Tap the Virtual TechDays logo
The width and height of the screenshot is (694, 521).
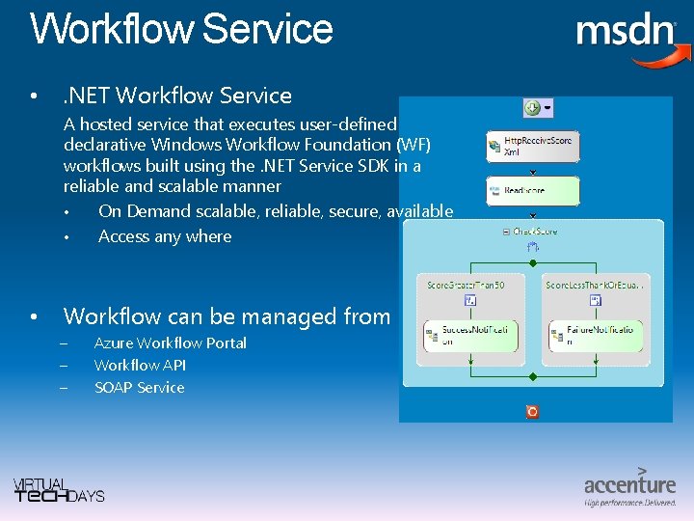(x=59, y=490)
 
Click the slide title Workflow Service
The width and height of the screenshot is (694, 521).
(x=181, y=29)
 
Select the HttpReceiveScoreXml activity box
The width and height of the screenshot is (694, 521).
(x=533, y=147)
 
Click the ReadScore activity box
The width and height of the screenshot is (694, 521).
(x=533, y=191)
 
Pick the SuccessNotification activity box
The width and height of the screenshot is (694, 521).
(x=469, y=336)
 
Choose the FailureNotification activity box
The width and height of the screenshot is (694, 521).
(x=596, y=336)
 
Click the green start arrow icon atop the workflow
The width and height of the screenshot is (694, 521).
(x=531, y=108)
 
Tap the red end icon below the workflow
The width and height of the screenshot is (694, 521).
(x=532, y=411)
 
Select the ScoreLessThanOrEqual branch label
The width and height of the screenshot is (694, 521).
(x=595, y=285)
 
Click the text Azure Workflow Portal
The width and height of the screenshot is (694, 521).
(x=170, y=343)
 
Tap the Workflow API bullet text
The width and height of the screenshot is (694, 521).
(x=140, y=366)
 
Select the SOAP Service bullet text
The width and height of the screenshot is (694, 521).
(x=139, y=388)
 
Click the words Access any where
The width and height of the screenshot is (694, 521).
(x=165, y=236)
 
